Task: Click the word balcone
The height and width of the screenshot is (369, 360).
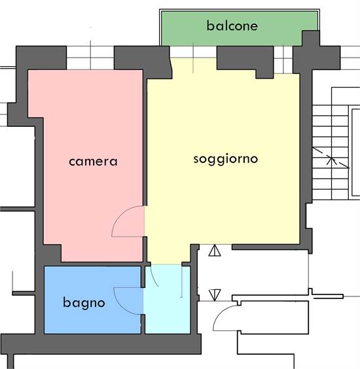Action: pyautogui.click(x=232, y=26)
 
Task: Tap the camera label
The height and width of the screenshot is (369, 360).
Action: pyautogui.click(x=93, y=162)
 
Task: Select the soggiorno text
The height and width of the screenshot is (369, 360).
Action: pyautogui.click(x=226, y=160)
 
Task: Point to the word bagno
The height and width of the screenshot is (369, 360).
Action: pyautogui.click(x=84, y=303)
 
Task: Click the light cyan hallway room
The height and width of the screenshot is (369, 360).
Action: pyautogui.click(x=168, y=299)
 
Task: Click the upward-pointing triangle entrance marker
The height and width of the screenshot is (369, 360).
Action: pyautogui.click(x=215, y=251)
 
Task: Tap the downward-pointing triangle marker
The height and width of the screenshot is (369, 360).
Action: pyautogui.click(x=215, y=295)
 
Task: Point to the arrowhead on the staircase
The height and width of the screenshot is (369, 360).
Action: pyautogui.click(x=331, y=160)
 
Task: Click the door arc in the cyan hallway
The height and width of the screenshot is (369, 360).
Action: pyautogui.click(x=154, y=276)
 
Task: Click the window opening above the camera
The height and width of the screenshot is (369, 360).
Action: pyautogui.click(x=90, y=58)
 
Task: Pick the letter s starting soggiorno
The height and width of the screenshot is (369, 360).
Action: pyautogui.click(x=196, y=160)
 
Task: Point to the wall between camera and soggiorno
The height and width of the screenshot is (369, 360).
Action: pyautogui.click(x=145, y=141)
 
